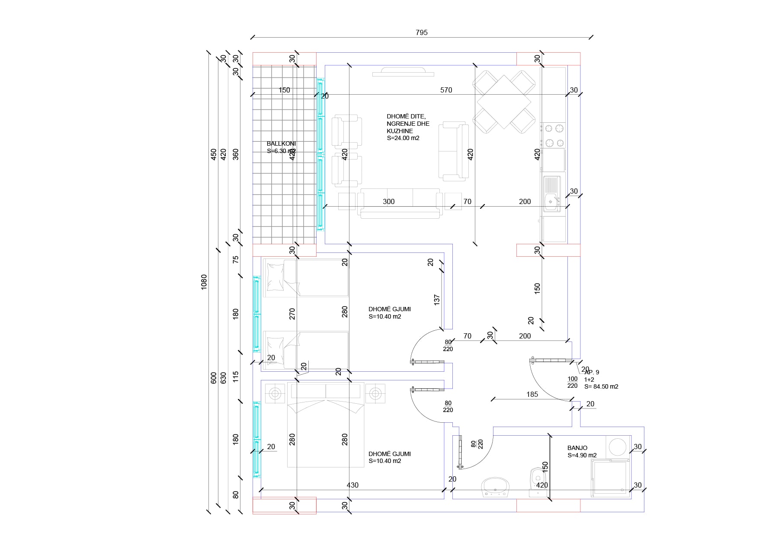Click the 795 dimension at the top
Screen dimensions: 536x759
[x=421, y=32]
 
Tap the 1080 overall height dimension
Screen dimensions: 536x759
[x=204, y=282]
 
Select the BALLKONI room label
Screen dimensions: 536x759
[x=281, y=144]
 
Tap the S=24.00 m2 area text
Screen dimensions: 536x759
[x=403, y=138]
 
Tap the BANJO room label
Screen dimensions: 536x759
[x=577, y=448]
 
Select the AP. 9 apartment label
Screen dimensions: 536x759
[x=592, y=372]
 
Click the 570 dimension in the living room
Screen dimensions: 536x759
[x=446, y=90]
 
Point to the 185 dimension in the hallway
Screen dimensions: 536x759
[x=532, y=394]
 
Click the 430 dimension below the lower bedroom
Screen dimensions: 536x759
[x=352, y=485]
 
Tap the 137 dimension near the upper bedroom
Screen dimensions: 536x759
[x=436, y=299]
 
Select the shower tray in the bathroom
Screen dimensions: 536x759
[x=611, y=478]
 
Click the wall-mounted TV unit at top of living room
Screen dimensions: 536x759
[x=403, y=72]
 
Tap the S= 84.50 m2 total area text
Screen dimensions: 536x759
[x=601, y=386]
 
